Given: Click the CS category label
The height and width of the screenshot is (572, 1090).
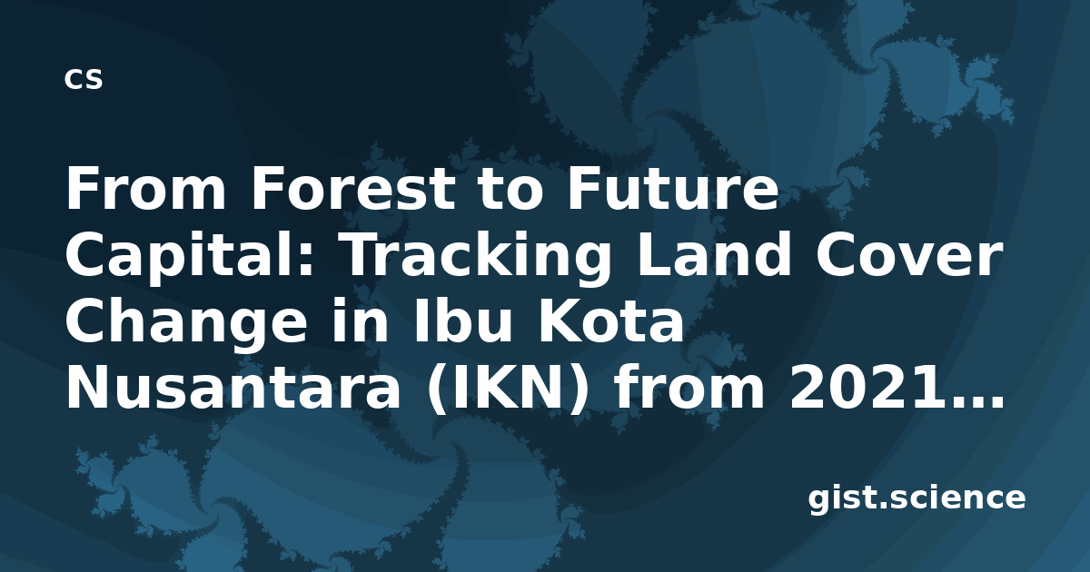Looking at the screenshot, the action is point(84,79).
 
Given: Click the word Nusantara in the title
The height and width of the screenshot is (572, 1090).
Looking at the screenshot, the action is point(233,387).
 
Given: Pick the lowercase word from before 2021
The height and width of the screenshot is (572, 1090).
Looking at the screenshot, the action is point(689,386).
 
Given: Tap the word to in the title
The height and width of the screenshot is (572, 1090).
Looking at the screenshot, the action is point(510,189).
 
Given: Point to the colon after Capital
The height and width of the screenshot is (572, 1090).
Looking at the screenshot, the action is point(306,261).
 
